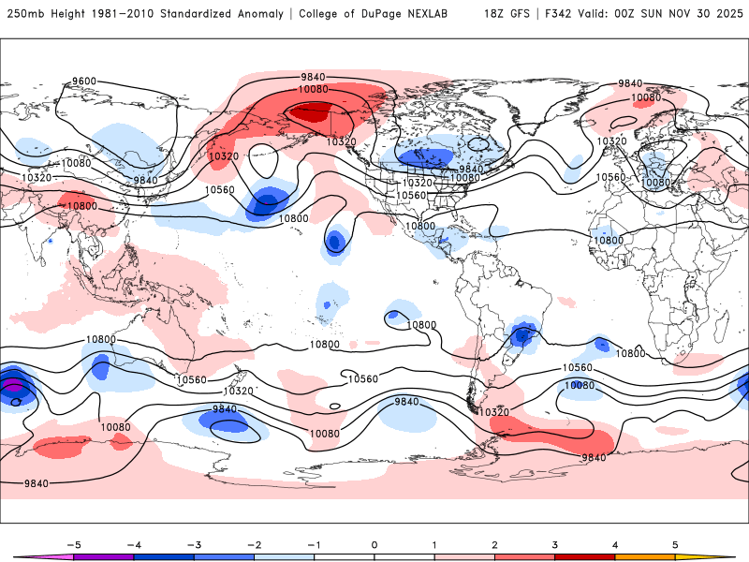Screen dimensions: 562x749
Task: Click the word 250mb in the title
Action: point(22,14)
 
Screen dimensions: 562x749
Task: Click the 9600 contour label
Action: point(84,81)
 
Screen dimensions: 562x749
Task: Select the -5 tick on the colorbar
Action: point(73,543)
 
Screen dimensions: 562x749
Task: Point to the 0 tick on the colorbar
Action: point(374,543)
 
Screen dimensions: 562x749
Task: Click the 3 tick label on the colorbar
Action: point(555,543)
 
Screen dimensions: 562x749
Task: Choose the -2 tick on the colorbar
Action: point(254,543)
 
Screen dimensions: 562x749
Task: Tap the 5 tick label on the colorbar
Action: point(675,543)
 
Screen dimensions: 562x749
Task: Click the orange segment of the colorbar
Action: point(645,555)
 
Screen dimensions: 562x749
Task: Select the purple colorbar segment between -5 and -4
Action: point(103,555)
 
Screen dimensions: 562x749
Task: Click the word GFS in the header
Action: point(521,14)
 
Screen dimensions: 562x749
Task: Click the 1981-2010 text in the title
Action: point(124,14)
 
